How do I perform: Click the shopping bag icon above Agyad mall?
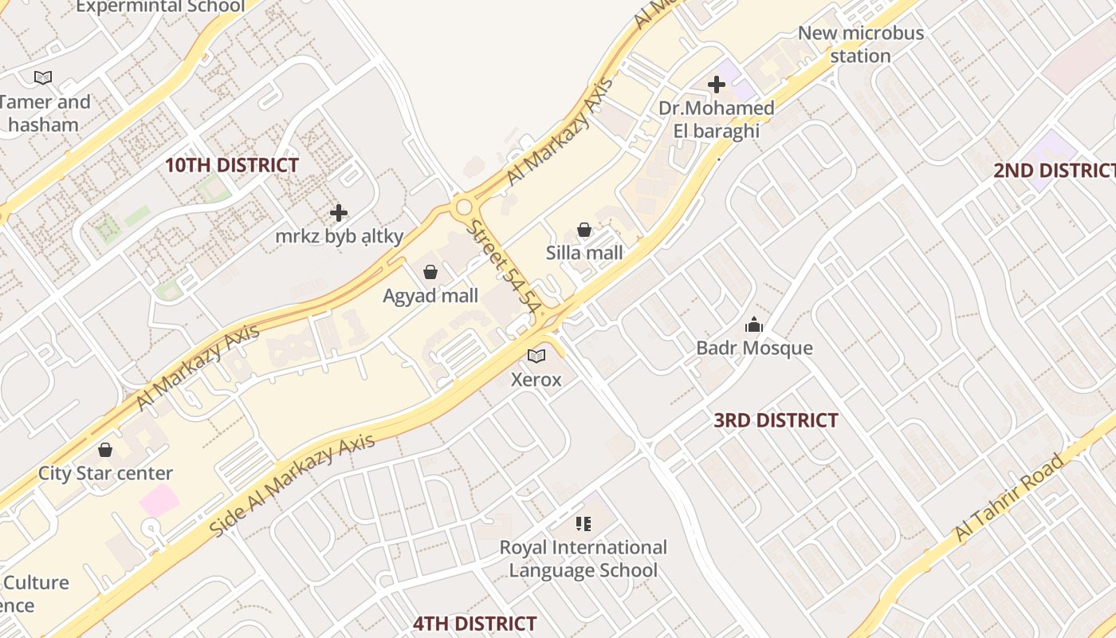(430, 272)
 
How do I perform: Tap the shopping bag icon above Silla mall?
(584, 230)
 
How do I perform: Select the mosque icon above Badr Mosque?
(753, 325)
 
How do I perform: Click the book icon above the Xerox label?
(536, 356)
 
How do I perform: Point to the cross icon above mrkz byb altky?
(339, 213)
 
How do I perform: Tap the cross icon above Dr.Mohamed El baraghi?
(716, 84)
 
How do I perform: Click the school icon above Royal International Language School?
(584, 523)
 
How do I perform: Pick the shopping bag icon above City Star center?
(105, 450)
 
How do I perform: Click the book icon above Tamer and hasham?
(43, 77)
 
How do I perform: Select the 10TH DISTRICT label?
(232, 166)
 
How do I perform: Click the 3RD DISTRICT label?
(776, 420)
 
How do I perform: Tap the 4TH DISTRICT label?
(474, 623)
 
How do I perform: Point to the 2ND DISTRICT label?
(1054, 171)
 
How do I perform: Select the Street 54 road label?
(505, 264)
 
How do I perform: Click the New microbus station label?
(861, 45)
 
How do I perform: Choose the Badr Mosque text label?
(754, 349)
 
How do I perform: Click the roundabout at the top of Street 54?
(463, 208)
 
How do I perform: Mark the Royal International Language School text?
(584, 558)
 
